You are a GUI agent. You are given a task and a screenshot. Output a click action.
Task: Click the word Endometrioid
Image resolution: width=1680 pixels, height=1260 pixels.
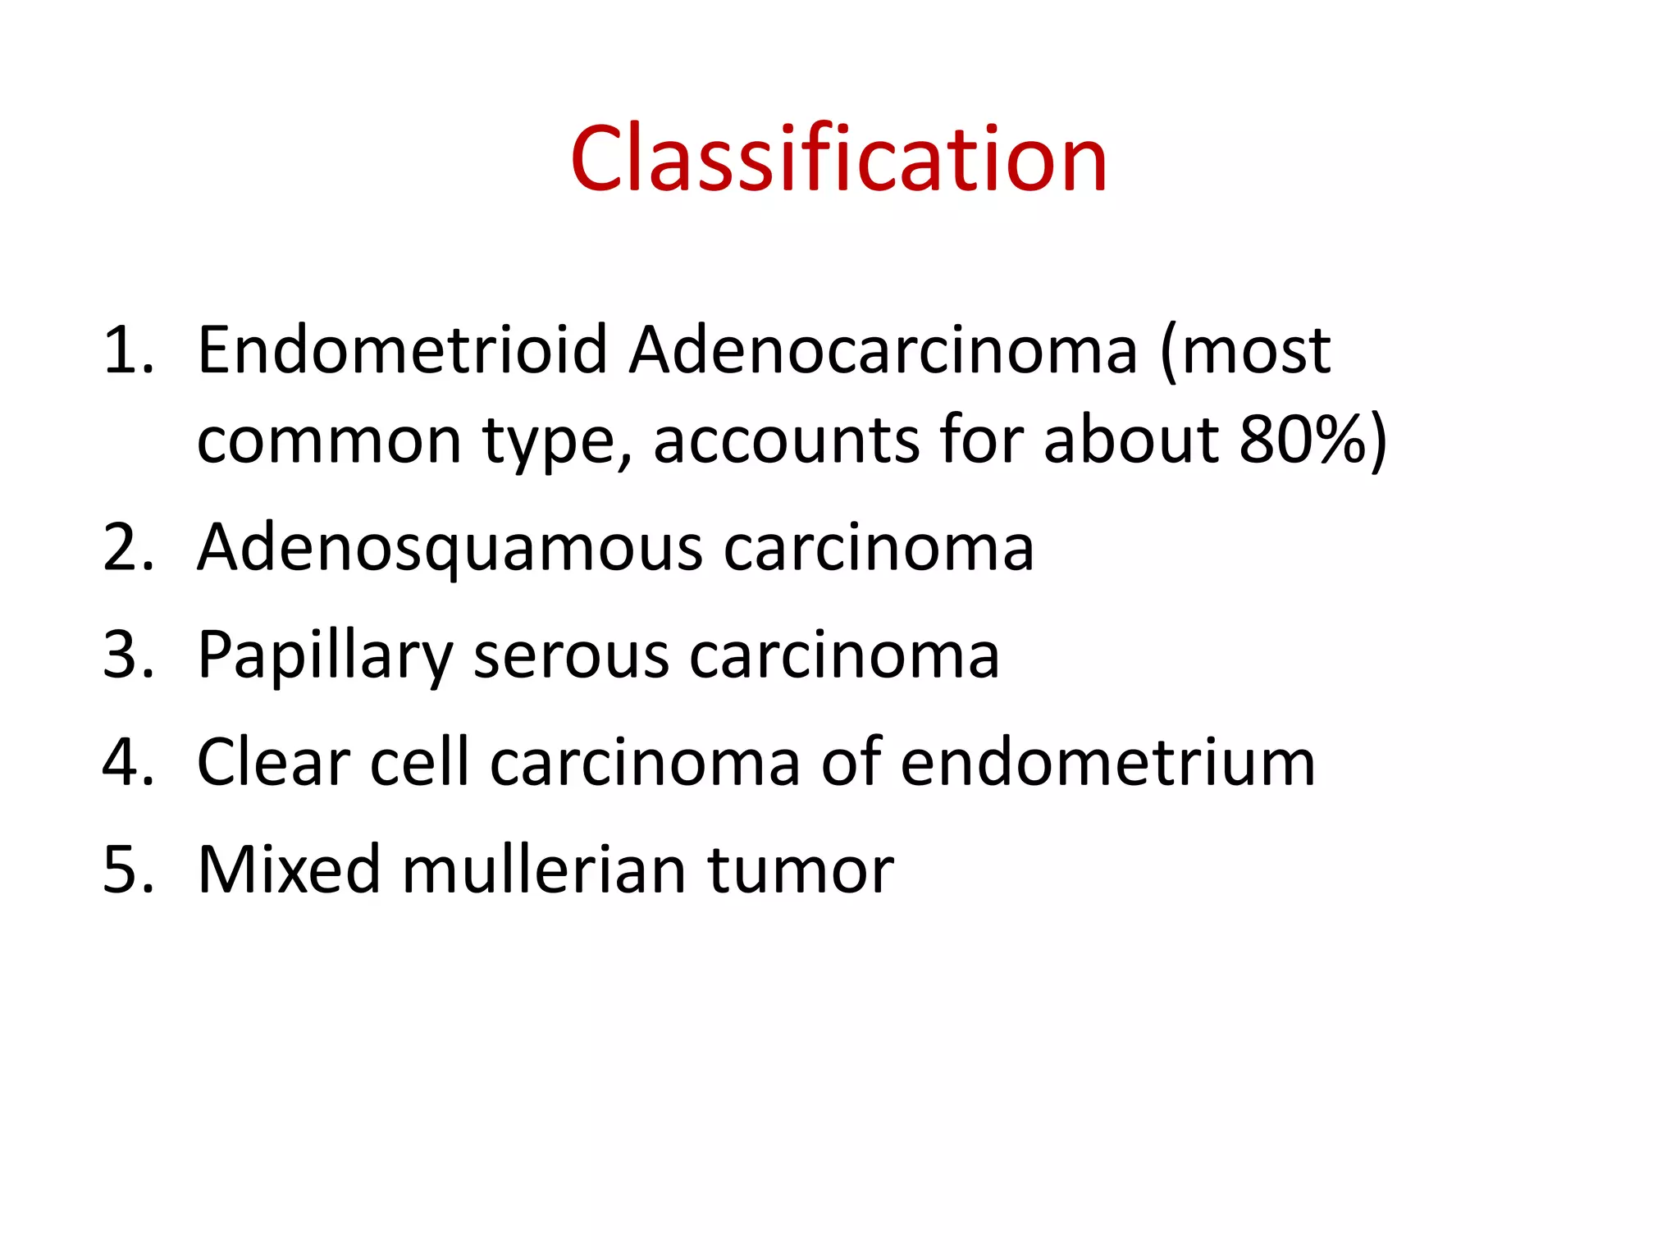402,350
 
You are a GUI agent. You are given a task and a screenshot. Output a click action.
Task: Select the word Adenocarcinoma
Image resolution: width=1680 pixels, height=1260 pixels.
883,350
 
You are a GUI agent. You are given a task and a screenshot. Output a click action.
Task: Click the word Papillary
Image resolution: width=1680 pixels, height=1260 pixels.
325,657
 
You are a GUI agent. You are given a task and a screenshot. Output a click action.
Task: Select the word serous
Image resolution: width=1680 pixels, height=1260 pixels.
571,657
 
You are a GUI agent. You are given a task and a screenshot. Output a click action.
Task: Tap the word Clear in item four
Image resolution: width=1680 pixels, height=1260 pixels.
274,762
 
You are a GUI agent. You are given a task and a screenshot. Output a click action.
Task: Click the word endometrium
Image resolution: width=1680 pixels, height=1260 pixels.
1107,762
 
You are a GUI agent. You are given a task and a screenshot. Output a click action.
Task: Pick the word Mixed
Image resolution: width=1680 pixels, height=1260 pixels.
289,870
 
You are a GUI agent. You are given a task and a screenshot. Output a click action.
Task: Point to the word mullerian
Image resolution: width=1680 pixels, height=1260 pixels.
544,870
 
